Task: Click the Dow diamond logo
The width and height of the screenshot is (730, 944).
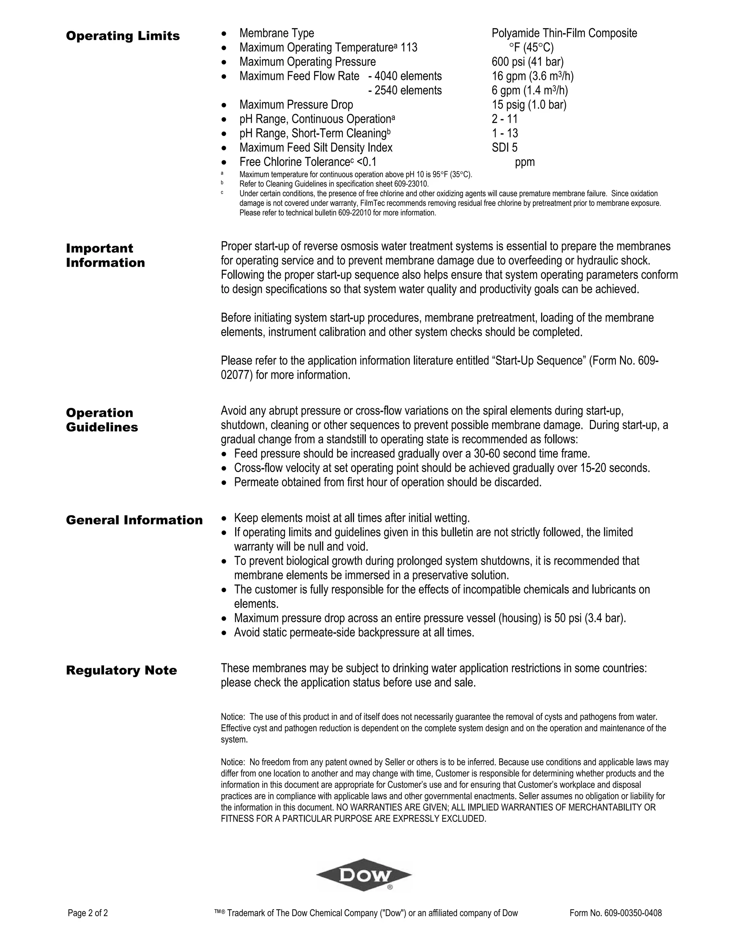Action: (x=364, y=875)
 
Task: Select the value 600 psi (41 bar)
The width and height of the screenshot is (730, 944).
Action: (x=527, y=62)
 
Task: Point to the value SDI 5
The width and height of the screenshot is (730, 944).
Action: (x=504, y=148)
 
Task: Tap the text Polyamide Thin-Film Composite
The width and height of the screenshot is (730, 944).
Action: (x=564, y=33)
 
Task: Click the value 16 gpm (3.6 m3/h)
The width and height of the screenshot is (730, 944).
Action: (x=533, y=76)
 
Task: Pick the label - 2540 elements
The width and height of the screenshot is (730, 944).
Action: (x=405, y=90)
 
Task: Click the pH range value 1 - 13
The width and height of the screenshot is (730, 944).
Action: (x=505, y=133)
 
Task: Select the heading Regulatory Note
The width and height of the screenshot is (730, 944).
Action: (x=122, y=670)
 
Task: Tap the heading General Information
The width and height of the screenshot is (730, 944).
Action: (x=134, y=520)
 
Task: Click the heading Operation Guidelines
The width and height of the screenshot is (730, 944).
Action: (x=102, y=420)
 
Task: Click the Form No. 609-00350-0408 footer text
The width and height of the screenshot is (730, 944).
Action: (x=615, y=913)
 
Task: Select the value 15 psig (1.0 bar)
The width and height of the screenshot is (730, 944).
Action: (x=529, y=105)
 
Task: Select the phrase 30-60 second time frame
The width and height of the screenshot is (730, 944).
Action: (x=531, y=454)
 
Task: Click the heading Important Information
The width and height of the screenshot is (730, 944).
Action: (x=105, y=255)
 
